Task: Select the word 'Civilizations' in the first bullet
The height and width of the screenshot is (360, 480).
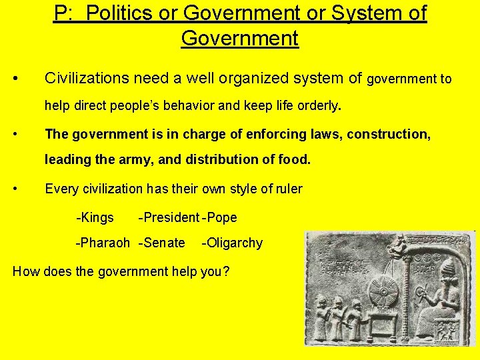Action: (86, 79)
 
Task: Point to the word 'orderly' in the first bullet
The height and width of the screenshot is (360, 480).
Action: (317, 105)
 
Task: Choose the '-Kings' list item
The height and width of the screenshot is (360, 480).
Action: (95, 217)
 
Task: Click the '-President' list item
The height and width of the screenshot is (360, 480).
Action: (168, 217)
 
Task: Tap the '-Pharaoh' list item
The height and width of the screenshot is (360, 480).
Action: (103, 243)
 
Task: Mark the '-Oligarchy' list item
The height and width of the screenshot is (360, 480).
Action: (232, 243)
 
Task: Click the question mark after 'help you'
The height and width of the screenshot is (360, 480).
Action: (226, 271)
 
